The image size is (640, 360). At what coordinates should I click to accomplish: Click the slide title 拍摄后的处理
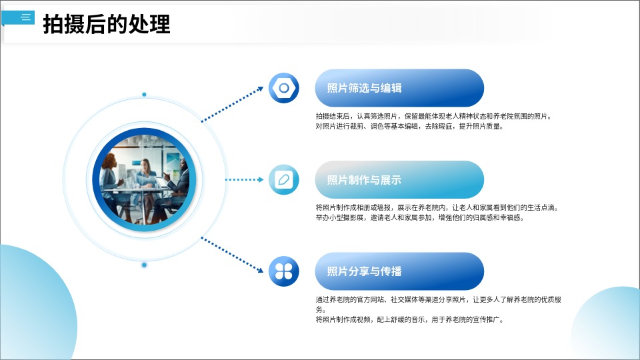[107, 24]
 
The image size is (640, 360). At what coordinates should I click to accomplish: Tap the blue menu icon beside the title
[19, 17]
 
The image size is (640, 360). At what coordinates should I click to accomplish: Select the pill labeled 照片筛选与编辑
[399, 88]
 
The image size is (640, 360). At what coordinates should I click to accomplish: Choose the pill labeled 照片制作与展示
[399, 179]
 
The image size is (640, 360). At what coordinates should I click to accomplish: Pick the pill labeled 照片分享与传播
[399, 271]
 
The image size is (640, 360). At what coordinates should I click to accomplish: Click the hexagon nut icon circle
[284, 88]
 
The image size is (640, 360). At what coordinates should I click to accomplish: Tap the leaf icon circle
[284, 179]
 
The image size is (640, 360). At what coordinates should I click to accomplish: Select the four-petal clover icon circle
[284, 271]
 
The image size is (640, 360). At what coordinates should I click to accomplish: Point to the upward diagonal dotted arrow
[233, 104]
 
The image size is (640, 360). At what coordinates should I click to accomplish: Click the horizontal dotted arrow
[245, 179]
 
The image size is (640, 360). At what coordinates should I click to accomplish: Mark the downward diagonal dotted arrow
[233, 255]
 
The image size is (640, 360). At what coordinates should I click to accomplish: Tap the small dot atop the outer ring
[144, 95]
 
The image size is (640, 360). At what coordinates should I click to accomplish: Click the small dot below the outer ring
[144, 265]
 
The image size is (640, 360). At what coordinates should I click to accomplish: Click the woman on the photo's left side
[109, 179]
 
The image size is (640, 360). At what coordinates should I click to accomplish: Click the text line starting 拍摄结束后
[434, 116]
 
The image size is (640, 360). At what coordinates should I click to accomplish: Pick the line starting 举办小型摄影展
[419, 217]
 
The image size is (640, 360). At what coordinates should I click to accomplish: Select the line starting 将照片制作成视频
[410, 319]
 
